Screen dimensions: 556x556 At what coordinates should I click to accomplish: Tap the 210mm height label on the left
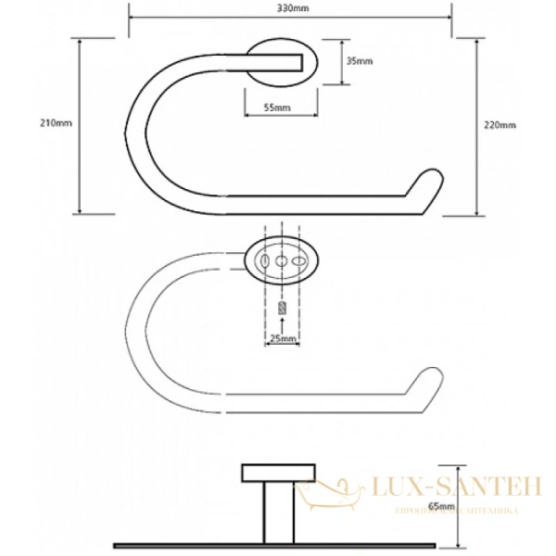[x=57, y=123]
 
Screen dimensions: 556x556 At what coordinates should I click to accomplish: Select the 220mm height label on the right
[x=500, y=126]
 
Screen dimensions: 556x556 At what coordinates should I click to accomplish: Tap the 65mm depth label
[x=441, y=506]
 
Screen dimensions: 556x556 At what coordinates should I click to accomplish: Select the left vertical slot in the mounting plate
[x=267, y=263]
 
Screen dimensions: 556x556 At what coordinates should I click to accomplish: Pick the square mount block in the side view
[x=263, y=475]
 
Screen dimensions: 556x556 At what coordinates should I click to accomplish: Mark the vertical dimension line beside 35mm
[x=340, y=62]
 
